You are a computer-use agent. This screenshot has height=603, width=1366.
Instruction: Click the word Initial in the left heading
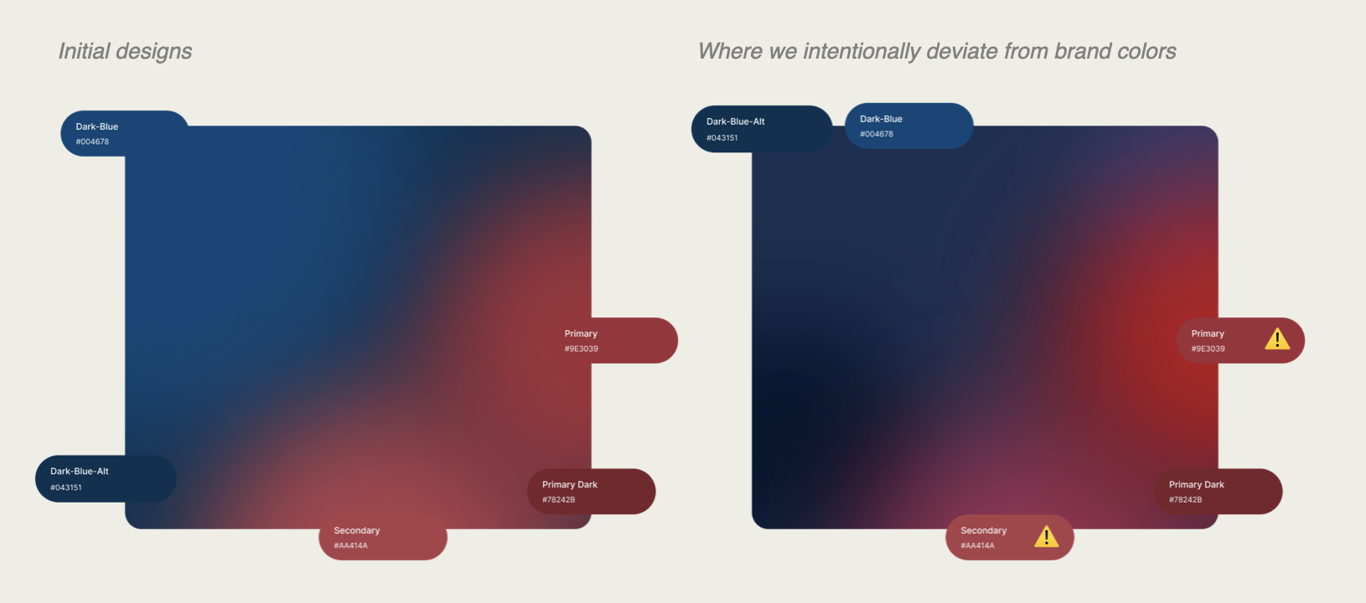coord(84,51)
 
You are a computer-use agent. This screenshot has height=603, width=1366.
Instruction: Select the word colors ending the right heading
coord(1146,51)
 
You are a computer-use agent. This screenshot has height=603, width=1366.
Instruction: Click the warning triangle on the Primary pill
coord(1277,339)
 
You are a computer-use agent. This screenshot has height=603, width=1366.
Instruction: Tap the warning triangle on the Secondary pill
coord(1047,537)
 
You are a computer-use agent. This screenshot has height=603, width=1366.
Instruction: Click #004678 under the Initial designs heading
coord(93,142)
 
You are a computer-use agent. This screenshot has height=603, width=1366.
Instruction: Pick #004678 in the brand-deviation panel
coord(877,134)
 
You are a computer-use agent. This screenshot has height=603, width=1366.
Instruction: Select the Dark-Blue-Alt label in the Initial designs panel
coord(80,472)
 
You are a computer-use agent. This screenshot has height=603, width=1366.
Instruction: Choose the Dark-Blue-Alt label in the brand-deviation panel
coord(736,121)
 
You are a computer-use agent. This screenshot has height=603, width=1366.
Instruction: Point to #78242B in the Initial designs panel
coord(559,499)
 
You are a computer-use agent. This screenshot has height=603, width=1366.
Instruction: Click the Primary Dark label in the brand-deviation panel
coord(1197,485)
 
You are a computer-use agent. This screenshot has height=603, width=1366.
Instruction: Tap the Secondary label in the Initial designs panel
coord(357,530)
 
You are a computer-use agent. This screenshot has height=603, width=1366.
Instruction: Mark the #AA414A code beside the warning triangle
coord(977,546)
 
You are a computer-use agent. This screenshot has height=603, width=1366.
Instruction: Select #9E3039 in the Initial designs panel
coord(581,348)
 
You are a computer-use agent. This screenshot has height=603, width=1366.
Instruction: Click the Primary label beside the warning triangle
coord(1208,333)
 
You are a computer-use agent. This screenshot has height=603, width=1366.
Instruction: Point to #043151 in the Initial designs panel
coord(66,487)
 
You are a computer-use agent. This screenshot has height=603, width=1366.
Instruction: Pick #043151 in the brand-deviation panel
coord(722,138)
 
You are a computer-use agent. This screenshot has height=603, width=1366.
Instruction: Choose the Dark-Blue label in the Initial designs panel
coord(97,126)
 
